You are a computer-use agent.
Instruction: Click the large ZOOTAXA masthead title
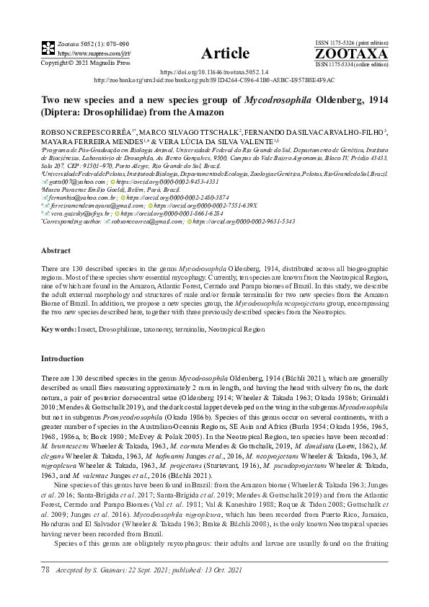pyautogui.click(x=351, y=53)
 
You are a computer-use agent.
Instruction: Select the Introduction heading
pyautogui.click(x=62, y=358)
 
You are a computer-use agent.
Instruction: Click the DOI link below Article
pyautogui.click(x=213, y=73)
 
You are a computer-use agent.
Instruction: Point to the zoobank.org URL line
pyautogui.click(x=214, y=81)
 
